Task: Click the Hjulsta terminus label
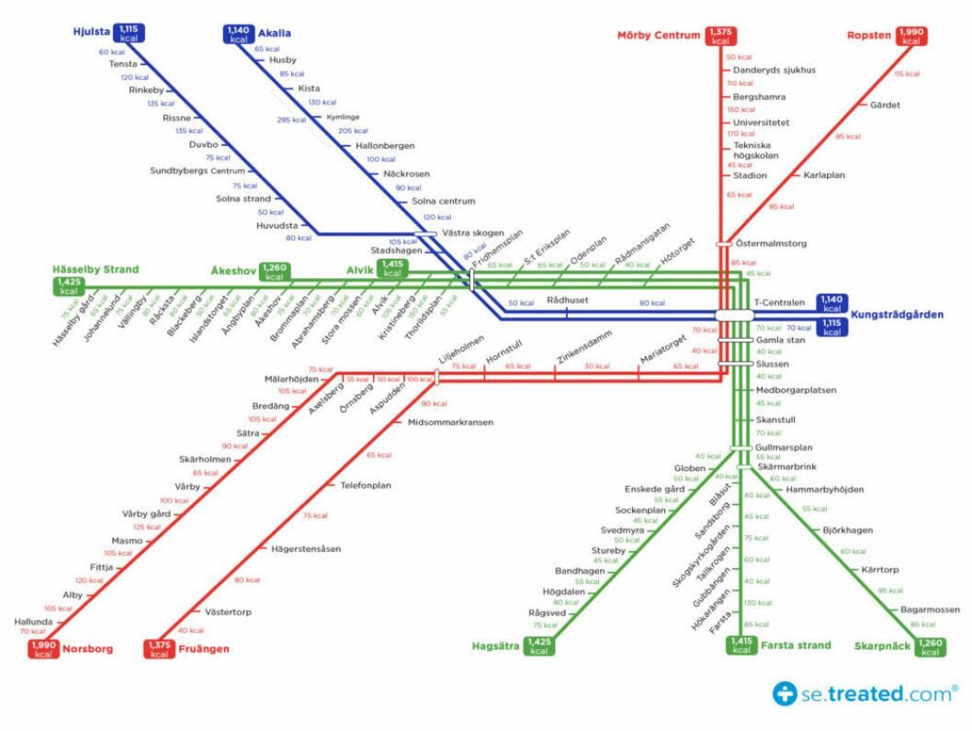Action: tap(91, 32)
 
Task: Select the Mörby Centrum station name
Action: tap(659, 36)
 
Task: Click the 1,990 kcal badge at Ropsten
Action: tap(911, 36)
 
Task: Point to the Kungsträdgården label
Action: tap(897, 315)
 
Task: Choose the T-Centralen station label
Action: tap(779, 302)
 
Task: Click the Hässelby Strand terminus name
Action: tap(96, 269)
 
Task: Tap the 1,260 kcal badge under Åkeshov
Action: tap(274, 272)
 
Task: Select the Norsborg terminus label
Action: tap(87, 648)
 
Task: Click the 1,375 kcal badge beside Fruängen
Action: tap(160, 649)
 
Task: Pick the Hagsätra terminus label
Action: tap(495, 647)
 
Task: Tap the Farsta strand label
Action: tap(796, 645)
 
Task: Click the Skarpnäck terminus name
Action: tap(882, 647)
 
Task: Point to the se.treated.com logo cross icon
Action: tap(785, 693)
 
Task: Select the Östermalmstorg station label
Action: tap(771, 243)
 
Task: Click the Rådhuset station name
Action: tap(566, 299)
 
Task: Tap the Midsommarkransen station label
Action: tap(450, 422)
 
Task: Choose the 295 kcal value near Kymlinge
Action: tap(291, 119)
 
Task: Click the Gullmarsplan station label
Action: tap(784, 447)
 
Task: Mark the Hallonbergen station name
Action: tap(385, 145)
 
